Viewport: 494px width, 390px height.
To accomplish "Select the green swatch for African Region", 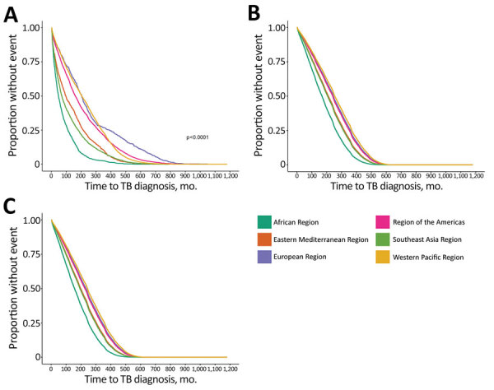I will coord(266,220).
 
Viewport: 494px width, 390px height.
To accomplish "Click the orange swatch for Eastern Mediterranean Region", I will coord(266,239).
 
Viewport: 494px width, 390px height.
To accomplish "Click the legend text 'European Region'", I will coord(312,258).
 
